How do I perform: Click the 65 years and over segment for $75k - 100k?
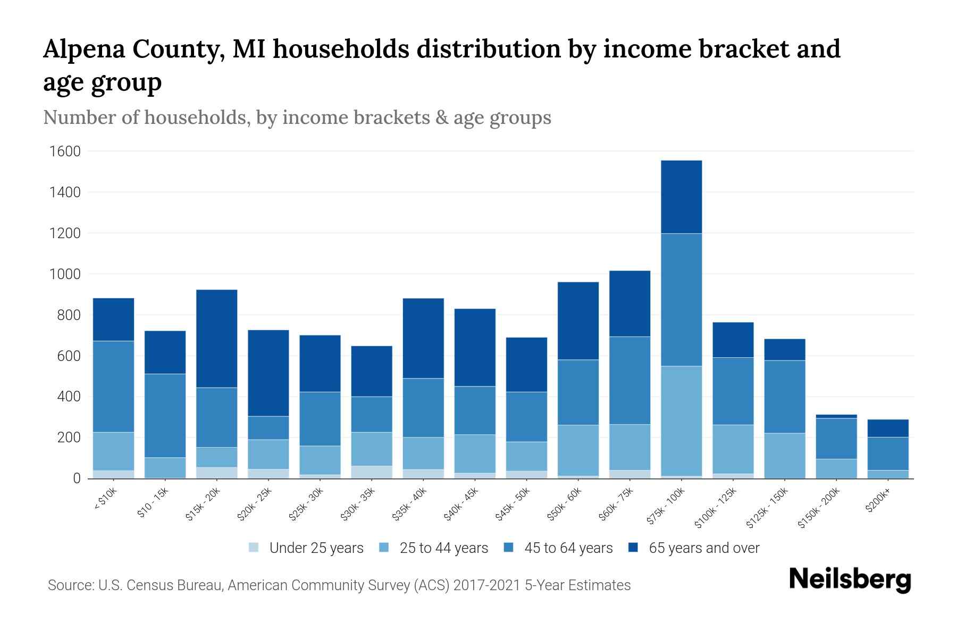click(x=681, y=197)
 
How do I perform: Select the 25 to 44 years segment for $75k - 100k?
click(x=681, y=421)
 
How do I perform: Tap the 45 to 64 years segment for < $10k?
click(x=113, y=387)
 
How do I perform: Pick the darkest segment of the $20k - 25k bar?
click(x=268, y=373)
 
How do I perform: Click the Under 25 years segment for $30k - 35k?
click(x=372, y=472)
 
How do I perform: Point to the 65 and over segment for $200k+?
click(x=888, y=429)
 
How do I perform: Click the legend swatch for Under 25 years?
click(x=254, y=548)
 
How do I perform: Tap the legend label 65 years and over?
click(x=704, y=548)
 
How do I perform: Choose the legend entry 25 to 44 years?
click(x=443, y=548)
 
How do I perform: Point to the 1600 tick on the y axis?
click(x=65, y=152)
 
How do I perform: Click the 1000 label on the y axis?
click(x=65, y=274)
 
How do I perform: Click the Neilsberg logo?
click(x=850, y=580)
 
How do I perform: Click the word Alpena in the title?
click(x=85, y=49)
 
